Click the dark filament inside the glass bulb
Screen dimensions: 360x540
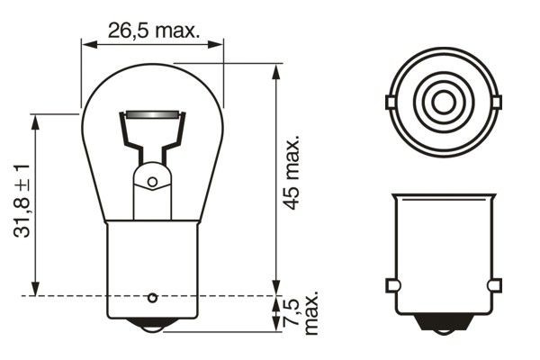(152, 117)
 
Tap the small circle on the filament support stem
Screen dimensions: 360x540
(152, 182)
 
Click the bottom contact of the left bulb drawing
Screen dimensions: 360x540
(152, 325)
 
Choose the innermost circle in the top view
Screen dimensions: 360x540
(442, 102)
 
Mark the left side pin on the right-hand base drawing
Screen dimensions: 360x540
(391, 285)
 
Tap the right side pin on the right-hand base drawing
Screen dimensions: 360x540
(493, 285)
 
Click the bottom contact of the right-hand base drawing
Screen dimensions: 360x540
(442, 325)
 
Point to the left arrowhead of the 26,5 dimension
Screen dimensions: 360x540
(86, 41)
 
